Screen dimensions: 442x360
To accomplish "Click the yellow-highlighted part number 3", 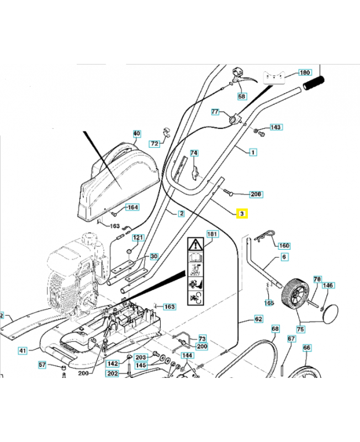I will pyautogui.click(x=242, y=213).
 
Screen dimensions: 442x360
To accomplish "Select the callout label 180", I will pyautogui.click(x=305, y=72).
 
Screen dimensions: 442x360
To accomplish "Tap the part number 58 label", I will pyautogui.click(x=242, y=97).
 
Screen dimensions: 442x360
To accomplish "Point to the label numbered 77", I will pyautogui.click(x=215, y=112).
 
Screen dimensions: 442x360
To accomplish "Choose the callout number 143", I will pyautogui.click(x=276, y=127).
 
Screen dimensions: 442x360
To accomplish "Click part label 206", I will pyautogui.click(x=256, y=194).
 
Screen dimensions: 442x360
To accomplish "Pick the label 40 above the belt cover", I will pyautogui.click(x=137, y=134).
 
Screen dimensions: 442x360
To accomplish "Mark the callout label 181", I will pyautogui.click(x=213, y=234).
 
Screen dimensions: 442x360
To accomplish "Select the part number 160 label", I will pyautogui.click(x=283, y=246).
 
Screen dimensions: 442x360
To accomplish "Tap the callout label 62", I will pyautogui.click(x=258, y=319).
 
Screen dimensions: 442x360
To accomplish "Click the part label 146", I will pyautogui.click(x=328, y=286).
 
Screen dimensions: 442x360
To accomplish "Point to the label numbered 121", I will pyautogui.click(x=137, y=238).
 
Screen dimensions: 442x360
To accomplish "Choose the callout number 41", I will pyautogui.click(x=22, y=350).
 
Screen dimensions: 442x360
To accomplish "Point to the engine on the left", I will pyautogui.click(x=72, y=273).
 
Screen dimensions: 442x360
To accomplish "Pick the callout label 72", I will pyautogui.click(x=154, y=144).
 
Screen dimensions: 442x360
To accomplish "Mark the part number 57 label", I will pyautogui.click(x=43, y=365).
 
